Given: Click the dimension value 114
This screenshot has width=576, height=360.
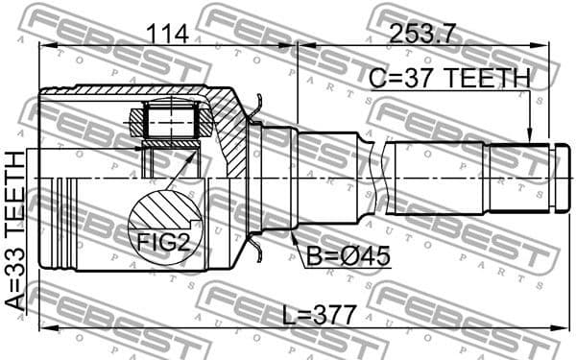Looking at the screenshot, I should pyautogui.click(x=166, y=35).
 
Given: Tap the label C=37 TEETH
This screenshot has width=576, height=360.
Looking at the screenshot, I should pyautogui.click(x=448, y=78).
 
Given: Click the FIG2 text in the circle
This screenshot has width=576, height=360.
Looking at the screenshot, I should pyautogui.click(x=159, y=242).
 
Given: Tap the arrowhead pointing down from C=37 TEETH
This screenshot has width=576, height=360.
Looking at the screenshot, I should pyautogui.click(x=529, y=137).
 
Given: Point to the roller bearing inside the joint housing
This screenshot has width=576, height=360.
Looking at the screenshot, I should pyautogui.click(x=170, y=122).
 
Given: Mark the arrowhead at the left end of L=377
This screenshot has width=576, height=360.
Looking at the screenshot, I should pyautogui.click(x=42, y=329).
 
